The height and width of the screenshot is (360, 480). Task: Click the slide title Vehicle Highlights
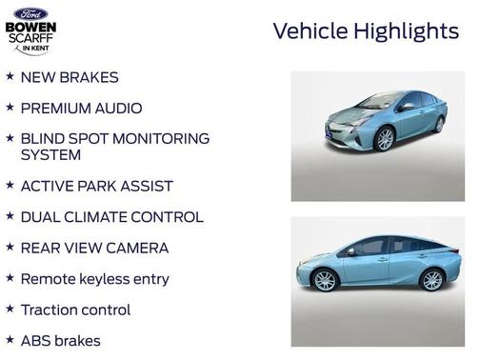(366, 31)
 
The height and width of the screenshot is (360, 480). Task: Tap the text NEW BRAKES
(70, 76)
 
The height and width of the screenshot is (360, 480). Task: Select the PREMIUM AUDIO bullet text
(81, 108)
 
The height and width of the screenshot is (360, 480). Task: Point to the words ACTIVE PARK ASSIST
(96, 186)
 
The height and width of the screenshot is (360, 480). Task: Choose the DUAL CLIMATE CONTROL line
(111, 217)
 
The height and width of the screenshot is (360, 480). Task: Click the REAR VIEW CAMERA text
(94, 248)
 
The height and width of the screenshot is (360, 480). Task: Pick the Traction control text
(75, 310)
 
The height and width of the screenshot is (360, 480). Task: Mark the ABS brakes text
(60, 340)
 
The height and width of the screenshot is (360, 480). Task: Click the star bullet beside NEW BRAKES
(10, 75)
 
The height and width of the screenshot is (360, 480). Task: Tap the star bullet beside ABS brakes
(10, 339)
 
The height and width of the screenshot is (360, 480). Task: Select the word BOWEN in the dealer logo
(30, 27)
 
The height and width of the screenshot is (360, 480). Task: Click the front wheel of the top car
(385, 140)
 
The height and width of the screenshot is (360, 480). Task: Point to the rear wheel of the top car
(439, 124)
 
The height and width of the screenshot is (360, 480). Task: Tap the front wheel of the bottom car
(325, 280)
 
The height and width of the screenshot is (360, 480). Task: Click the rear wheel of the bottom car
(432, 280)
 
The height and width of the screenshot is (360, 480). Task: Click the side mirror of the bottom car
(351, 251)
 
